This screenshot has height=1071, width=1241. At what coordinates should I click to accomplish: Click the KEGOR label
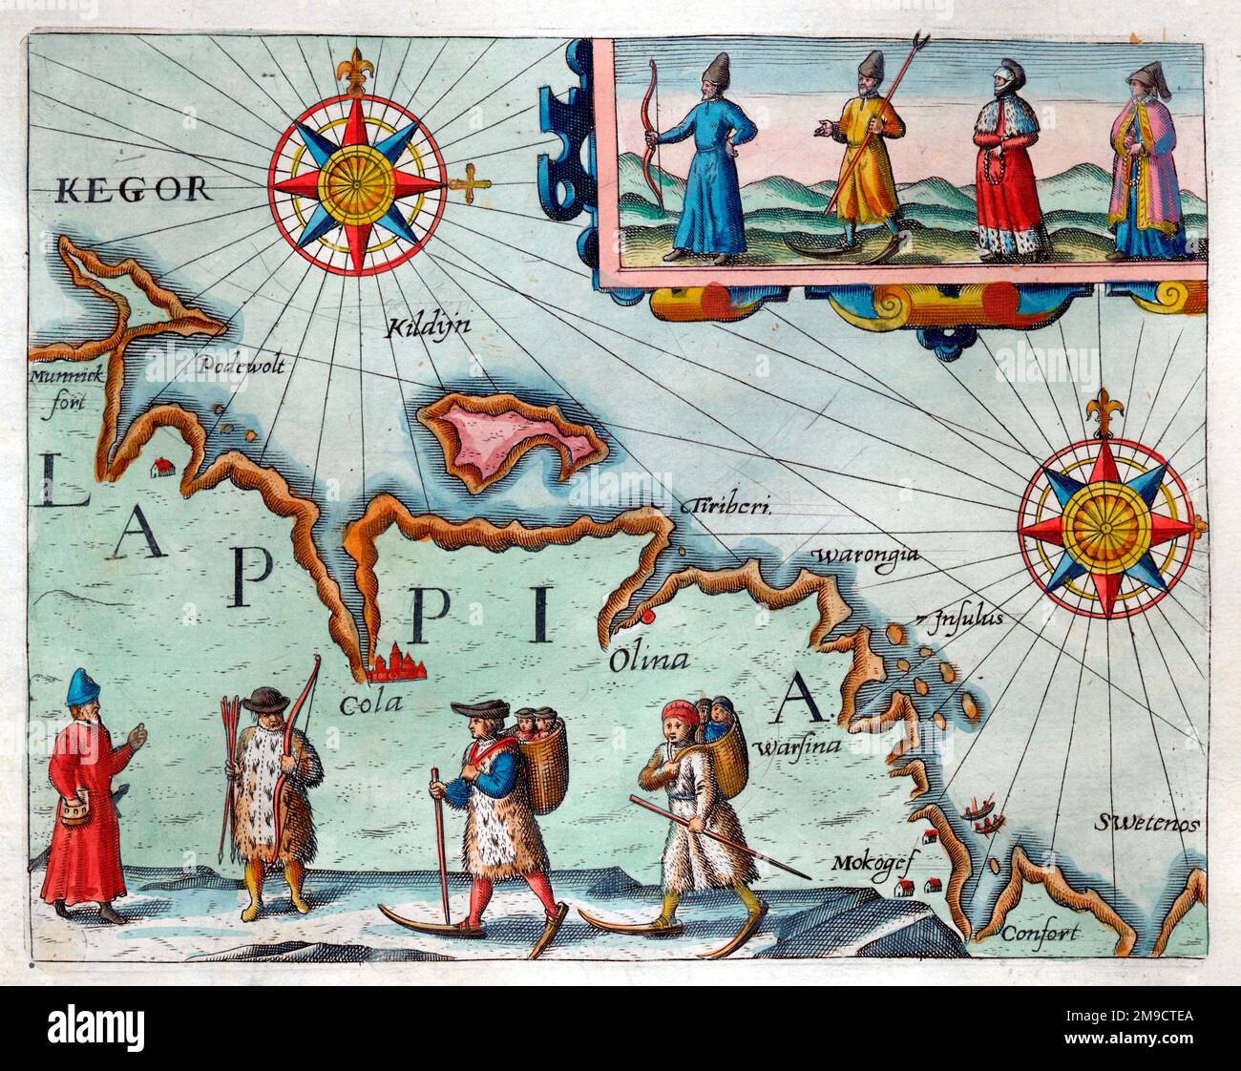pos(134,189)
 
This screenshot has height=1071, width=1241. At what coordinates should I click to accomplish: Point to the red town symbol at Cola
pos(391,664)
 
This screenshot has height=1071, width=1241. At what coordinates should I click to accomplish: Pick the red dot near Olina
pos(650,618)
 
